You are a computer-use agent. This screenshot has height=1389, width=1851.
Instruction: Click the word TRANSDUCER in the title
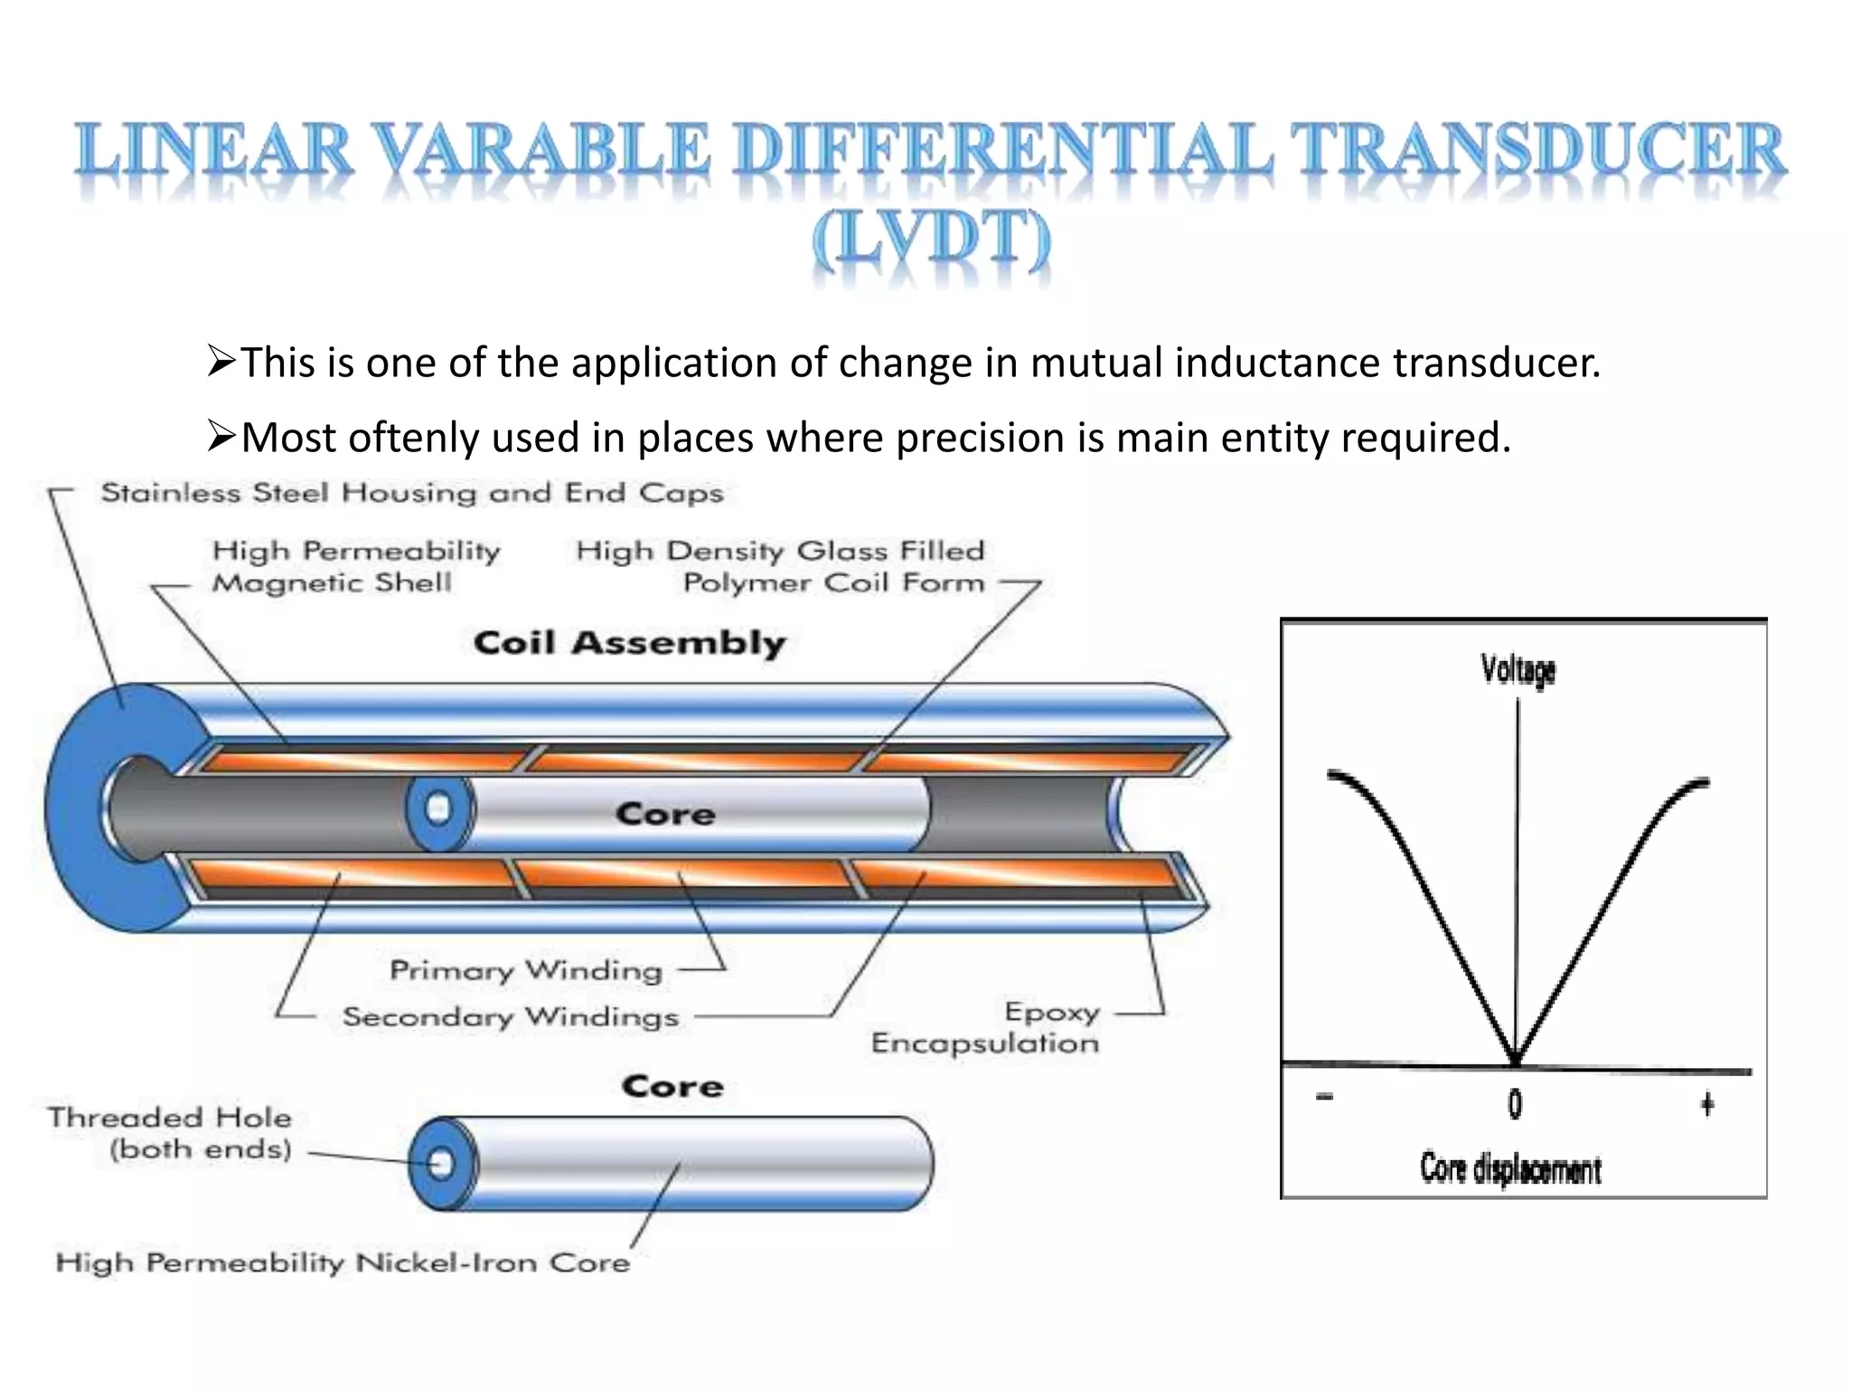click(x=1536, y=152)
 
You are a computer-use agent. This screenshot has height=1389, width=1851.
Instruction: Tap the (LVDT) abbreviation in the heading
click(x=931, y=240)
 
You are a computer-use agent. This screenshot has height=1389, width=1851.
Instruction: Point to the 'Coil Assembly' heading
click(x=629, y=643)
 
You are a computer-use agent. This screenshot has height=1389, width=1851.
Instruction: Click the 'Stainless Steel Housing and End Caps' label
click(x=411, y=493)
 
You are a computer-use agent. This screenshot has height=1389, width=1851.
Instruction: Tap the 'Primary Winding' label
click(x=526, y=970)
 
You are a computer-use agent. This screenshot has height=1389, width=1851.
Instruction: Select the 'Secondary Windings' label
click(x=511, y=1016)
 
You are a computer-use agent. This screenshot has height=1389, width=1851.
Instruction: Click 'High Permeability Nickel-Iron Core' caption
click(x=343, y=1262)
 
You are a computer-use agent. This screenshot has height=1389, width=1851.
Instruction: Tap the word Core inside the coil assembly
click(x=665, y=814)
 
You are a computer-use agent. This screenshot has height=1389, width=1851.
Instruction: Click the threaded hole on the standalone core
click(x=441, y=1163)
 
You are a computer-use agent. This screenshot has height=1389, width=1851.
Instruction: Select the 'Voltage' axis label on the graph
click(x=1517, y=670)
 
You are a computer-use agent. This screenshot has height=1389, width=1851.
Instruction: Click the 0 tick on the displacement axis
click(x=1515, y=1104)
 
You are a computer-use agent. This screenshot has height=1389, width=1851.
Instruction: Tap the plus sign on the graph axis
click(x=1706, y=1104)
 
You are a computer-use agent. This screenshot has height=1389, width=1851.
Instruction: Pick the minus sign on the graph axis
click(x=1324, y=1098)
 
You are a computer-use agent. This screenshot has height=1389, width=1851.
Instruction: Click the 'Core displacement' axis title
click(x=1510, y=1169)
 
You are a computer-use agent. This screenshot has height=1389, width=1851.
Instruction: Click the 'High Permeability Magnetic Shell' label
click(x=355, y=567)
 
